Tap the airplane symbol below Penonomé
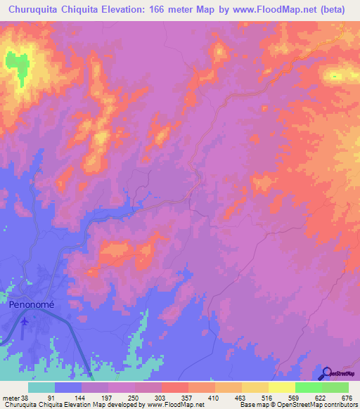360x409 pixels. coord(25,321)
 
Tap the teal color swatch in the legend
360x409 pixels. coord(41,388)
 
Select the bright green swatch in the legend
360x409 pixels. coord(308,388)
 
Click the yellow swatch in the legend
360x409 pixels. coord(281,388)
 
